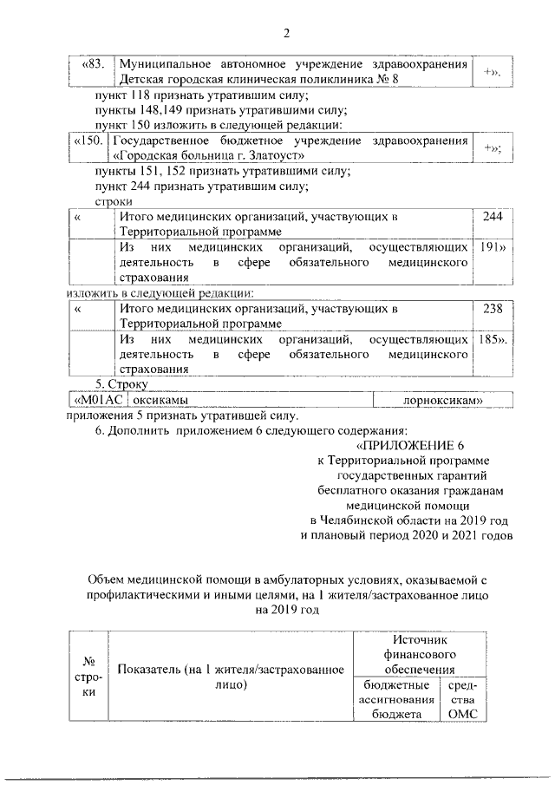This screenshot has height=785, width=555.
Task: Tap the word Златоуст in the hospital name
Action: coord(273,155)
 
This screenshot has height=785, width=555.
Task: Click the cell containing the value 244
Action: coord(493,218)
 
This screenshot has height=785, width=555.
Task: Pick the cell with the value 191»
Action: coord(493,247)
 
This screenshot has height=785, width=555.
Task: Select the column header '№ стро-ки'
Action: coord(88,677)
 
